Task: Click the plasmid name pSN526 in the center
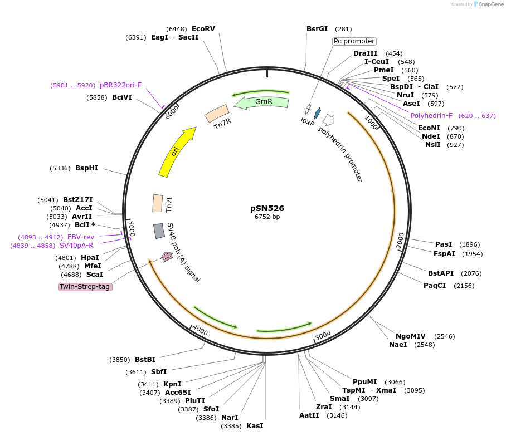tap(267, 208)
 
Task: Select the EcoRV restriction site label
tap(203, 28)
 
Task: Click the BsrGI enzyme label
tap(317, 28)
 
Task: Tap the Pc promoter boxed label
tap(354, 41)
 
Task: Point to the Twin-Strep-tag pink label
tap(85, 287)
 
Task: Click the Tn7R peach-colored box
tap(216, 114)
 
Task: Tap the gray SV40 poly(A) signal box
tap(159, 231)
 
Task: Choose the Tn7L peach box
tap(158, 203)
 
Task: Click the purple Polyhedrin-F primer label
tap(431, 116)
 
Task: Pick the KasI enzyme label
tap(255, 426)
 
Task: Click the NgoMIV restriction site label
tap(410, 336)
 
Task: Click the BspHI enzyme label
tap(86, 168)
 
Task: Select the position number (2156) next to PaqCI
tap(464, 286)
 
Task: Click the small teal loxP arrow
tap(318, 114)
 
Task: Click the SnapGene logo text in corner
tap(489, 4)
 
